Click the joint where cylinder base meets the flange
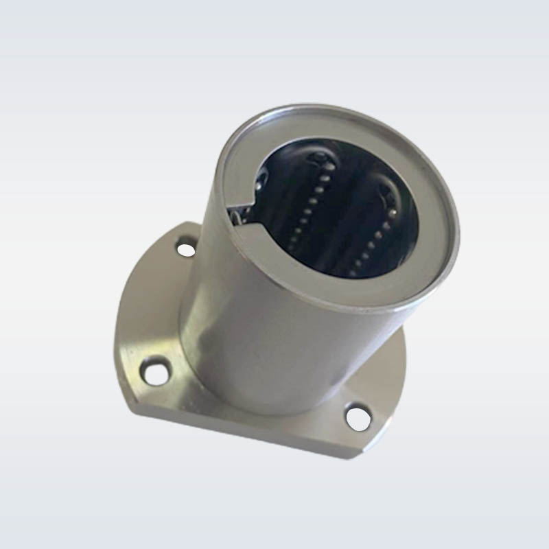pyautogui.click(x=274, y=405)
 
